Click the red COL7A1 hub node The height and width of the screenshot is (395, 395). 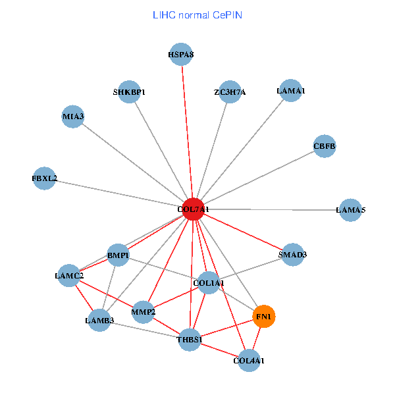pyautogui.click(x=193, y=209)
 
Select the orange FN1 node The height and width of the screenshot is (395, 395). pyautogui.click(x=263, y=317)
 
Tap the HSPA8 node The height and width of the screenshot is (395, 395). pyautogui.click(x=181, y=55)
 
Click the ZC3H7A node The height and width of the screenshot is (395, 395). pyautogui.click(x=230, y=92)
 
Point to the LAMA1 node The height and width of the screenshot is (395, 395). pyautogui.click(x=290, y=90)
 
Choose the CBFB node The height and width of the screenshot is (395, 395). pyautogui.click(x=325, y=145)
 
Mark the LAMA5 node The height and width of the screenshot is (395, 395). pyautogui.click(x=350, y=210)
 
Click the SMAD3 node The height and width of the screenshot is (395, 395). pyautogui.click(x=292, y=254)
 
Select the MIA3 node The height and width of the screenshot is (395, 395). pyautogui.click(x=73, y=117)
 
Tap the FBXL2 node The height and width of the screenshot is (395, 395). pyautogui.click(x=45, y=178)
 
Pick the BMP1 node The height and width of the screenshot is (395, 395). pyautogui.click(x=118, y=255)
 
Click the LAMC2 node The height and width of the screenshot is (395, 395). pyautogui.click(x=69, y=275)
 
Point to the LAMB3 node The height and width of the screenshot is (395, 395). pyautogui.click(x=99, y=321)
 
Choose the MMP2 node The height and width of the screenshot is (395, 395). pyautogui.click(x=143, y=311)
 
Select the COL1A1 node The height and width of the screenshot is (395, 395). pyautogui.click(x=209, y=283)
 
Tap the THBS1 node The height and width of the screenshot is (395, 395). pyautogui.click(x=190, y=340)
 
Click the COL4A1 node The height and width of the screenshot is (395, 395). pyautogui.click(x=249, y=361)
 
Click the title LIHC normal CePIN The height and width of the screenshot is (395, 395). pyautogui.click(x=197, y=14)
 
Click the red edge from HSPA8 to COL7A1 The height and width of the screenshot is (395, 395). pyautogui.click(x=187, y=132)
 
